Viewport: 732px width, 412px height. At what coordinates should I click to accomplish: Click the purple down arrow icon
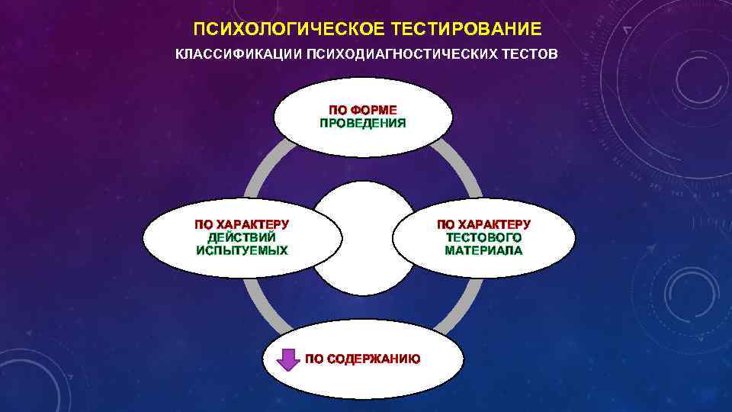click(x=287, y=359)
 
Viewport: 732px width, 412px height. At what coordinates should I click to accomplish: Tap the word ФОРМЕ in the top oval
click(x=374, y=110)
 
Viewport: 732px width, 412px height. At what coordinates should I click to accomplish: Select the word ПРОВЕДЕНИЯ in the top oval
click(x=363, y=123)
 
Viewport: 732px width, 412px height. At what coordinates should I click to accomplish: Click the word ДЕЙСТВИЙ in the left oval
click(x=242, y=237)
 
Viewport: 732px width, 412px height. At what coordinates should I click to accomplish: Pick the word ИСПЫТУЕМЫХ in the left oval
click(x=242, y=250)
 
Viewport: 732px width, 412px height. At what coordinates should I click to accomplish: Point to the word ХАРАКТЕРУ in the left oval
click(x=253, y=224)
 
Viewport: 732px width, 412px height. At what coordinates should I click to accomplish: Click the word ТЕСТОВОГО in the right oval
click(x=483, y=237)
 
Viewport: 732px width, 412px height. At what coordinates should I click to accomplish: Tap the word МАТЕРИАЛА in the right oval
click(x=483, y=250)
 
